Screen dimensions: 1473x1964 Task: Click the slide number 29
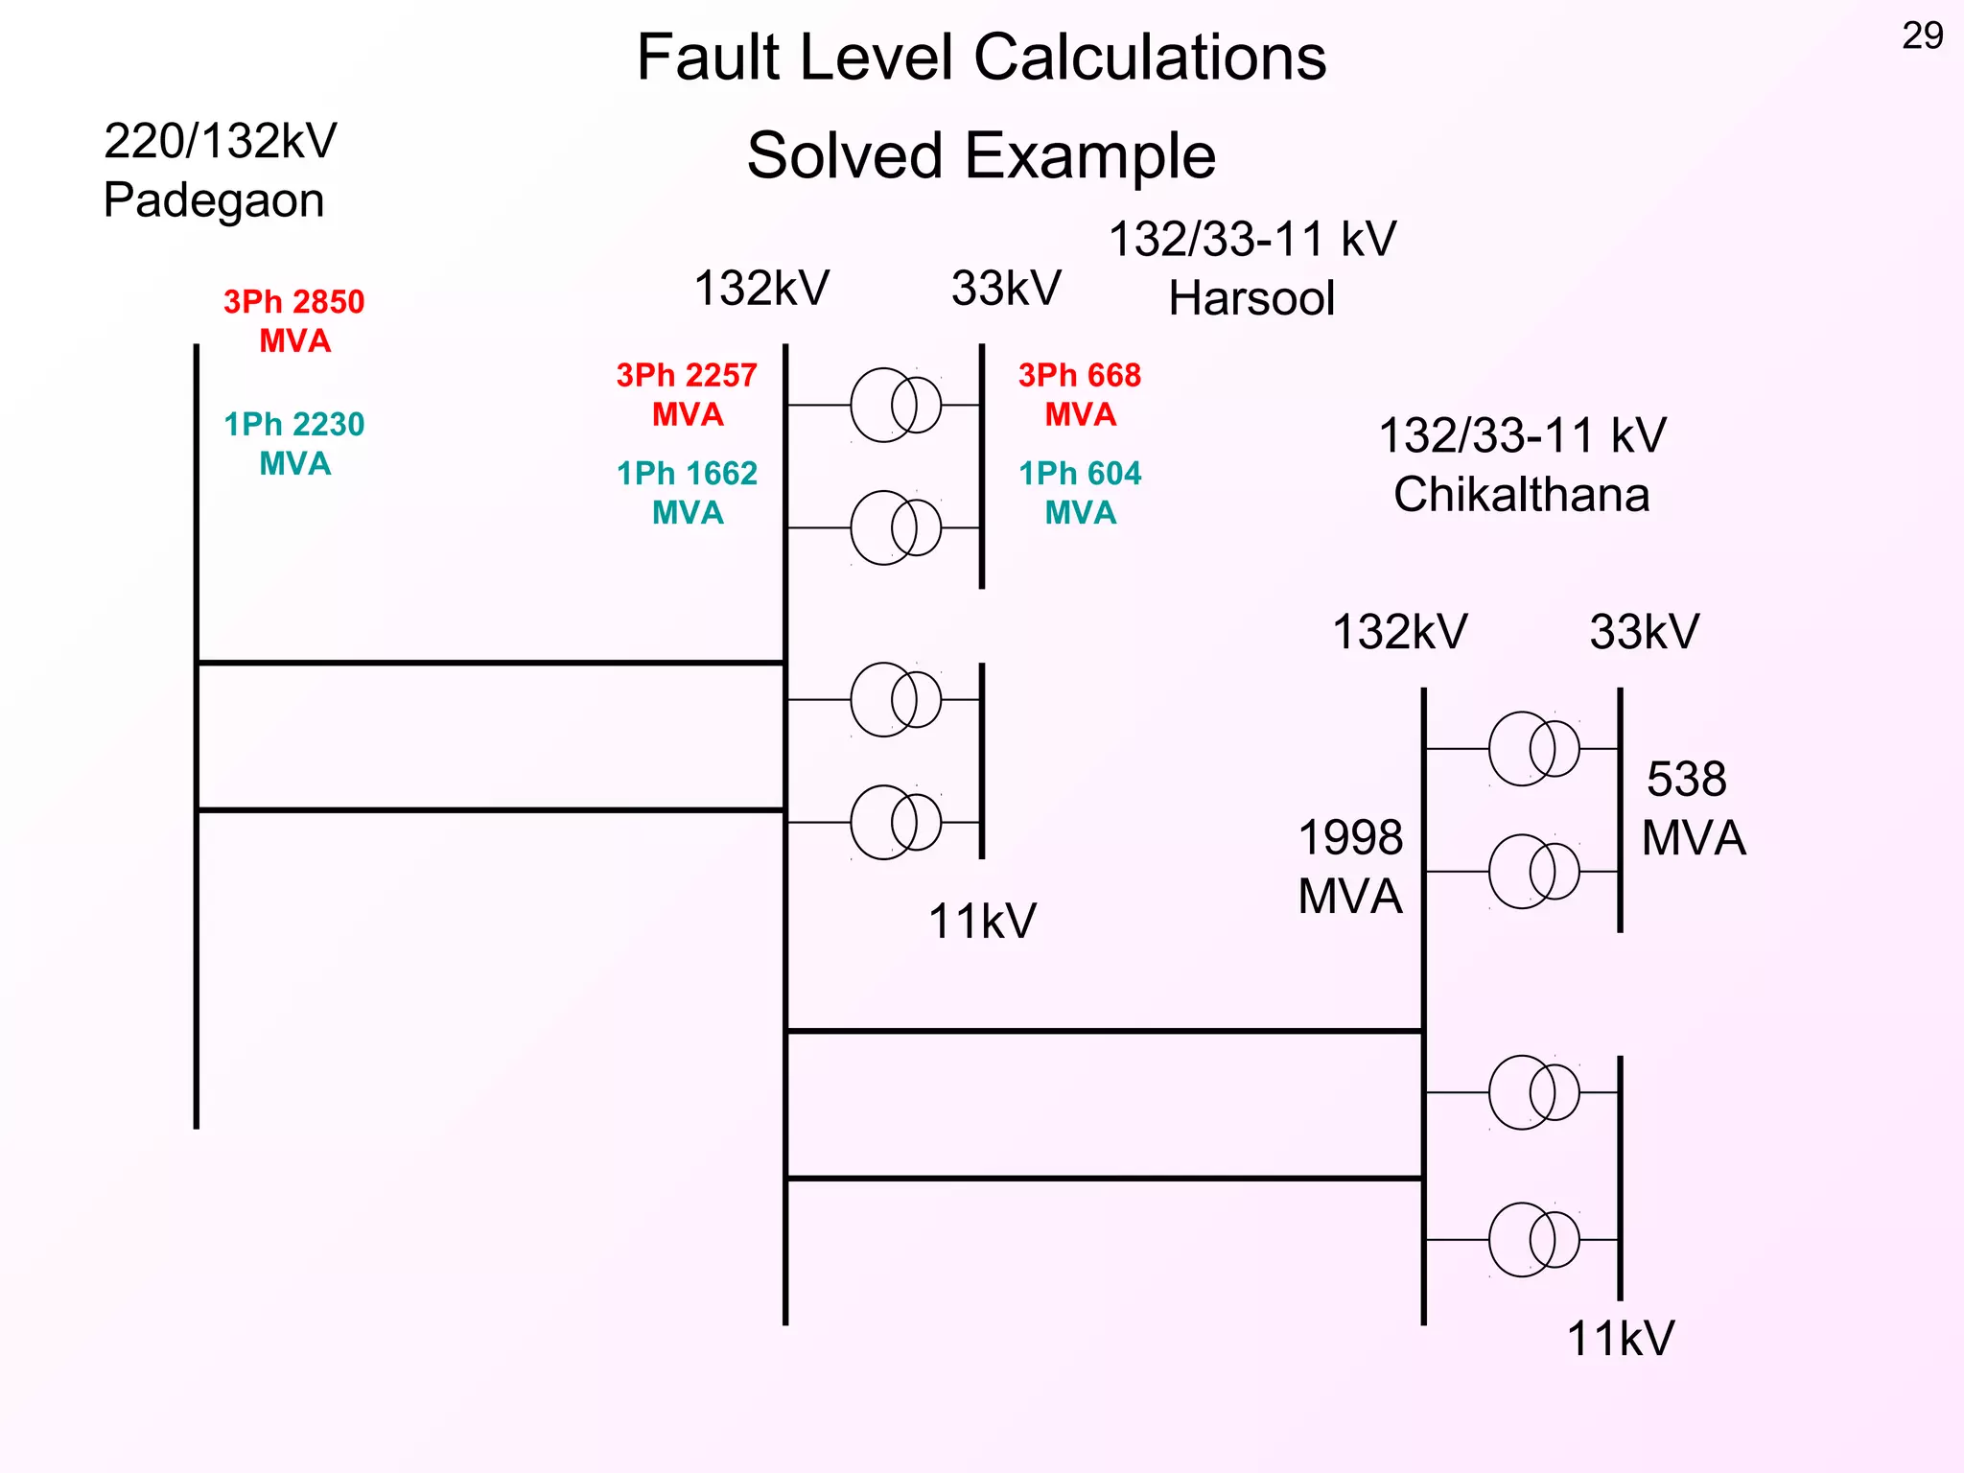pyautogui.click(x=1922, y=36)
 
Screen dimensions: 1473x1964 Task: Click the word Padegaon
pyautogui.click(x=214, y=200)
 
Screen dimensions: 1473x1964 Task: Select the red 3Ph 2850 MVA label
pyautogui.click(x=294, y=321)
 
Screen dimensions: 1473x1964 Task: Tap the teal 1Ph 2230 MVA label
pyautogui.click(x=294, y=444)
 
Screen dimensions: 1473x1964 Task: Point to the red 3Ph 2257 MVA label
pyautogui.click(x=687, y=394)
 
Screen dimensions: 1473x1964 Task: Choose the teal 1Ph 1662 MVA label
pyautogui.click(x=687, y=493)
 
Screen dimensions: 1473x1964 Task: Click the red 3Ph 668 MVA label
pyautogui.click(x=1080, y=394)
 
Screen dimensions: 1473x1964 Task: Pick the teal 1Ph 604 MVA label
pyautogui.click(x=1080, y=493)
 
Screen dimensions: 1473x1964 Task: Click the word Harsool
pyautogui.click(x=1251, y=298)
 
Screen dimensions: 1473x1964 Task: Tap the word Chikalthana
pyautogui.click(x=1522, y=495)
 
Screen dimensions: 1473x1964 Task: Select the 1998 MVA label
pyautogui.click(x=1350, y=867)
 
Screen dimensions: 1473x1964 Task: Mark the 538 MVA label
pyautogui.click(x=1693, y=808)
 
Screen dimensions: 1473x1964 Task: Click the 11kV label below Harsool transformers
pyautogui.click(x=982, y=922)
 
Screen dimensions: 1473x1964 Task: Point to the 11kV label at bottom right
pyautogui.click(x=1620, y=1339)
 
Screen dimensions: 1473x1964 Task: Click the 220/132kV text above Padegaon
pyautogui.click(x=221, y=142)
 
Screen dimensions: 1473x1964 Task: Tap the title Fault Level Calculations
pyautogui.click(x=981, y=58)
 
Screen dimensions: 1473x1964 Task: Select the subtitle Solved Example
pyautogui.click(x=981, y=156)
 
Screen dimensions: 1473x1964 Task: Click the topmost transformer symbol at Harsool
pyautogui.click(x=896, y=405)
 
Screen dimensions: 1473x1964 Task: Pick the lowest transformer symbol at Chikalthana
pyautogui.click(x=1533, y=1240)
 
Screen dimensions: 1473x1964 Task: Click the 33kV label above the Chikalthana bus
pyautogui.click(x=1644, y=633)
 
